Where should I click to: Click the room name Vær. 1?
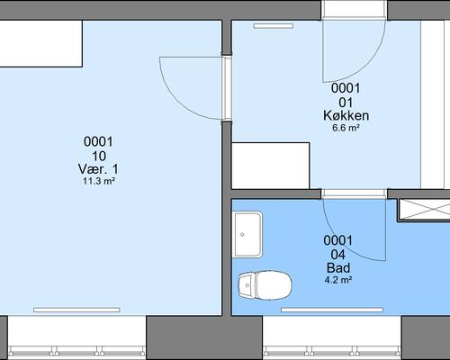coord(98,169)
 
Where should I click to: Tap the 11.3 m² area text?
coord(99,181)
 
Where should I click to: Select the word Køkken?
coord(346,116)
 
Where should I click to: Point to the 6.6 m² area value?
coord(346,128)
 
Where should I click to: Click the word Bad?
coord(338,267)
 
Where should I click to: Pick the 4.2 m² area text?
coord(338,280)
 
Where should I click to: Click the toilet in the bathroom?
coord(265,285)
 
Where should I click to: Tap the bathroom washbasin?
coord(247,235)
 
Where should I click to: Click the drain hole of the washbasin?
coord(242,235)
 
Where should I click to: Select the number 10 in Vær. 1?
coord(99,156)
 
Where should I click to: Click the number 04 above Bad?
coord(338,255)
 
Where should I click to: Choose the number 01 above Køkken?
coord(346,103)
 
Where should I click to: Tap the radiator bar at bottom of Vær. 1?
coord(76,310)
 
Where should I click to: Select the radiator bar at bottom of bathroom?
coord(332,310)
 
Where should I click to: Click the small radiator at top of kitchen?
coord(274,26)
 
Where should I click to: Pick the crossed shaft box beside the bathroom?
coord(424,210)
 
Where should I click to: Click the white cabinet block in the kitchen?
coord(271,166)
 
